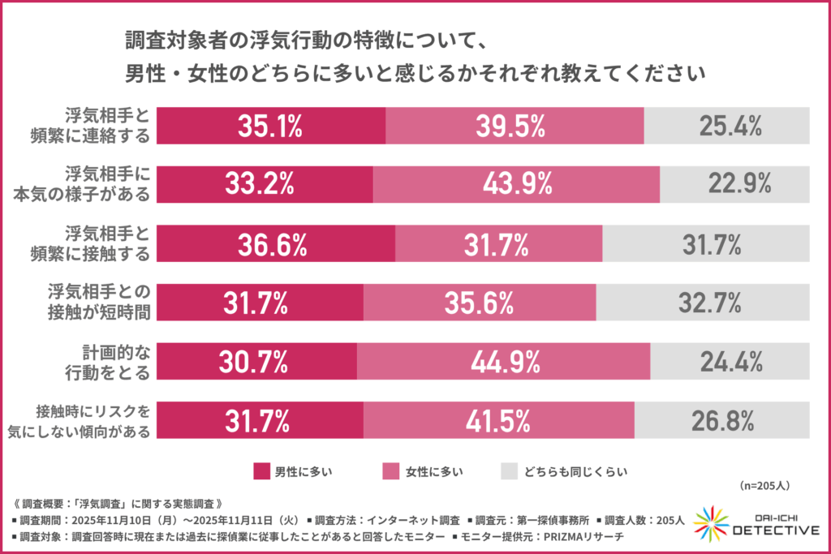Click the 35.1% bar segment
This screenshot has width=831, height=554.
[x=270, y=126]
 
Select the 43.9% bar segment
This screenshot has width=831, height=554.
[x=516, y=185]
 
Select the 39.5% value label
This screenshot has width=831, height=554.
[x=515, y=126]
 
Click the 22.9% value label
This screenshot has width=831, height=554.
[x=736, y=185]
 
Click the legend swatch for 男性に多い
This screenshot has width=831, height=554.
[x=260, y=470]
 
